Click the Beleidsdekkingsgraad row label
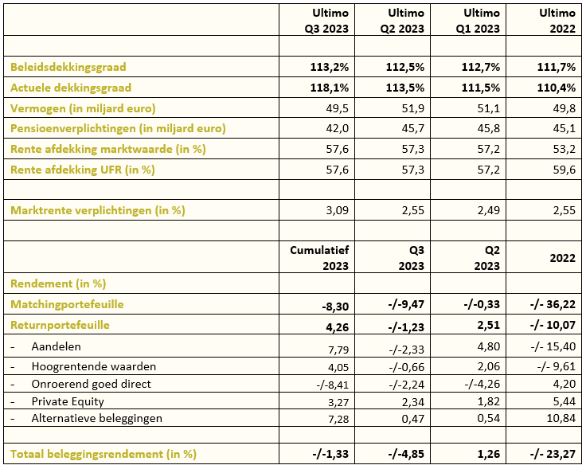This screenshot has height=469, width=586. pyautogui.click(x=68, y=67)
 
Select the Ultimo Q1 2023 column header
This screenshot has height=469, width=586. pyautogui.click(x=478, y=21)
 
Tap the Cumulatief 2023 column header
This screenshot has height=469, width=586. pyautogui.click(x=319, y=258)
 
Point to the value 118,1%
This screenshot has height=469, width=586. pyautogui.click(x=330, y=88)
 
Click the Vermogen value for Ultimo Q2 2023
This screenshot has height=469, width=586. pyautogui.click(x=413, y=108)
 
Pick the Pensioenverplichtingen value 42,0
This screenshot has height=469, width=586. pyautogui.click(x=338, y=128)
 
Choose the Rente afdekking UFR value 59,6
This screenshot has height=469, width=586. pyautogui.click(x=565, y=170)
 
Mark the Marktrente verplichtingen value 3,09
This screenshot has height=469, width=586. pyautogui.click(x=338, y=210)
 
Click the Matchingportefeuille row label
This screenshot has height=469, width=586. pyautogui.click(x=67, y=304)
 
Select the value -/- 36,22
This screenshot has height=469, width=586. pyautogui.click(x=553, y=304)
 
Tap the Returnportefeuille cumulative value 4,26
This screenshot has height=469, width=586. pyautogui.click(x=338, y=327)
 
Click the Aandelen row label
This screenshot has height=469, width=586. pyautogui.click(x=56, y=347)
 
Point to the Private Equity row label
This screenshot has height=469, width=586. pyautogui.click(x=68, y=401)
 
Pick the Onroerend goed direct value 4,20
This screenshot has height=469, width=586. pyautogui.click(x=565, y=384)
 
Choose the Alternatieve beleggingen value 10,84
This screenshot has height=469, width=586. pyautogui.click(x=561, y=418)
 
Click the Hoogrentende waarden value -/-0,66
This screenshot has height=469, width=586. pyautogui.click(x=406, y=367)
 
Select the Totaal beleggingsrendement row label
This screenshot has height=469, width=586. pyautogui.click(x=104, y=454)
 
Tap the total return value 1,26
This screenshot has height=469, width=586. pyautogui.click(x=489, y=454)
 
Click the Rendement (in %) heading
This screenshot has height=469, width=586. pyautogui.click(x=58, y=283)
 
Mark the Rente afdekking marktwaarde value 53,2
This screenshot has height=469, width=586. pyautogui.click(x=565, y=149)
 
